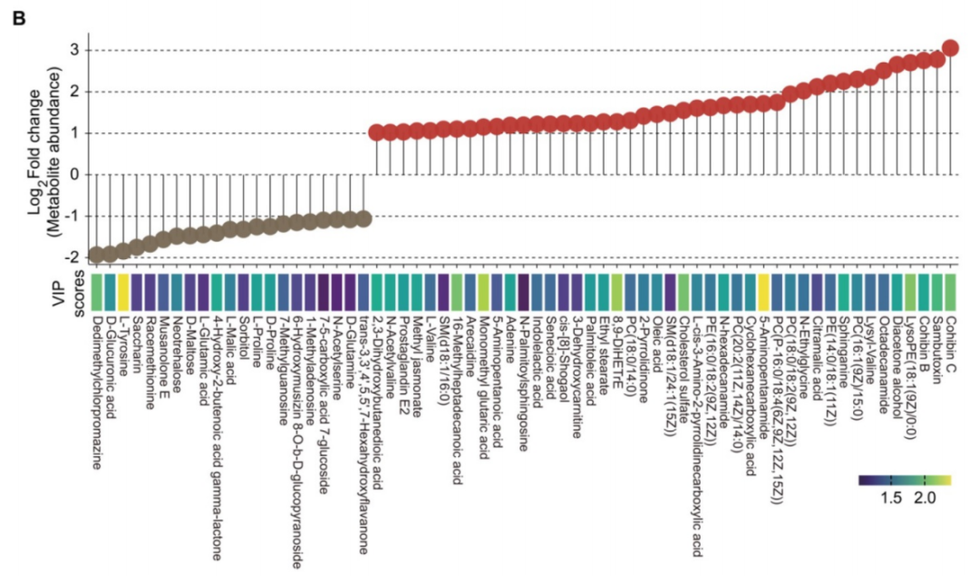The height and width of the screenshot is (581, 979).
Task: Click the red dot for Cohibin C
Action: tap(950, 48)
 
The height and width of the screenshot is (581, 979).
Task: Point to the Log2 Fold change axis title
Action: tap(45, 154)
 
